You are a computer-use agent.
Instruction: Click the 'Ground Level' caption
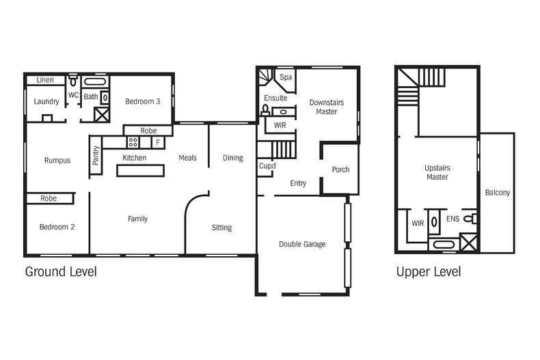point(61,272)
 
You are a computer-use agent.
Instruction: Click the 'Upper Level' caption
point(429,272)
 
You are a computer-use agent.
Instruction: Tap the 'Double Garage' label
point(302,244)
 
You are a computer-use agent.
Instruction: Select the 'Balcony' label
point(497,193)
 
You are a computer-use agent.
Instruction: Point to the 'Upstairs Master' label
point(437,172)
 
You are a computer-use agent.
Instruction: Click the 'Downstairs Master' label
point(326,107)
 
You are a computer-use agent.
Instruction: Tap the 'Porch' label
point(340,169)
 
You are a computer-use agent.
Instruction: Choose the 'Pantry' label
point(96,155)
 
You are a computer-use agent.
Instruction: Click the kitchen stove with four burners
point(133,142)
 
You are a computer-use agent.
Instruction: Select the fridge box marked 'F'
point(157,143)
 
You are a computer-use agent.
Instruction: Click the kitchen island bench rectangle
point(141,170)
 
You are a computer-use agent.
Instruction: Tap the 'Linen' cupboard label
point(45,80)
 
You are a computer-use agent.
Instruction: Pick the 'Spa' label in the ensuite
point(286,77)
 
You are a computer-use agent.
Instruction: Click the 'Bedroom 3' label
point(142,102)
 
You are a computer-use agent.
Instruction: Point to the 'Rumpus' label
point(57,161)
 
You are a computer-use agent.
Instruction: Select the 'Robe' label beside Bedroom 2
point(48,199)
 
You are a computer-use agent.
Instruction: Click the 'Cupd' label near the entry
point(267,166)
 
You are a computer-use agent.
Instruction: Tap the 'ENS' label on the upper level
point(453,219)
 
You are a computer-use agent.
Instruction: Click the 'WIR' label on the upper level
point(418,223)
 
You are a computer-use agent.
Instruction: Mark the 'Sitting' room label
point(221,227)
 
